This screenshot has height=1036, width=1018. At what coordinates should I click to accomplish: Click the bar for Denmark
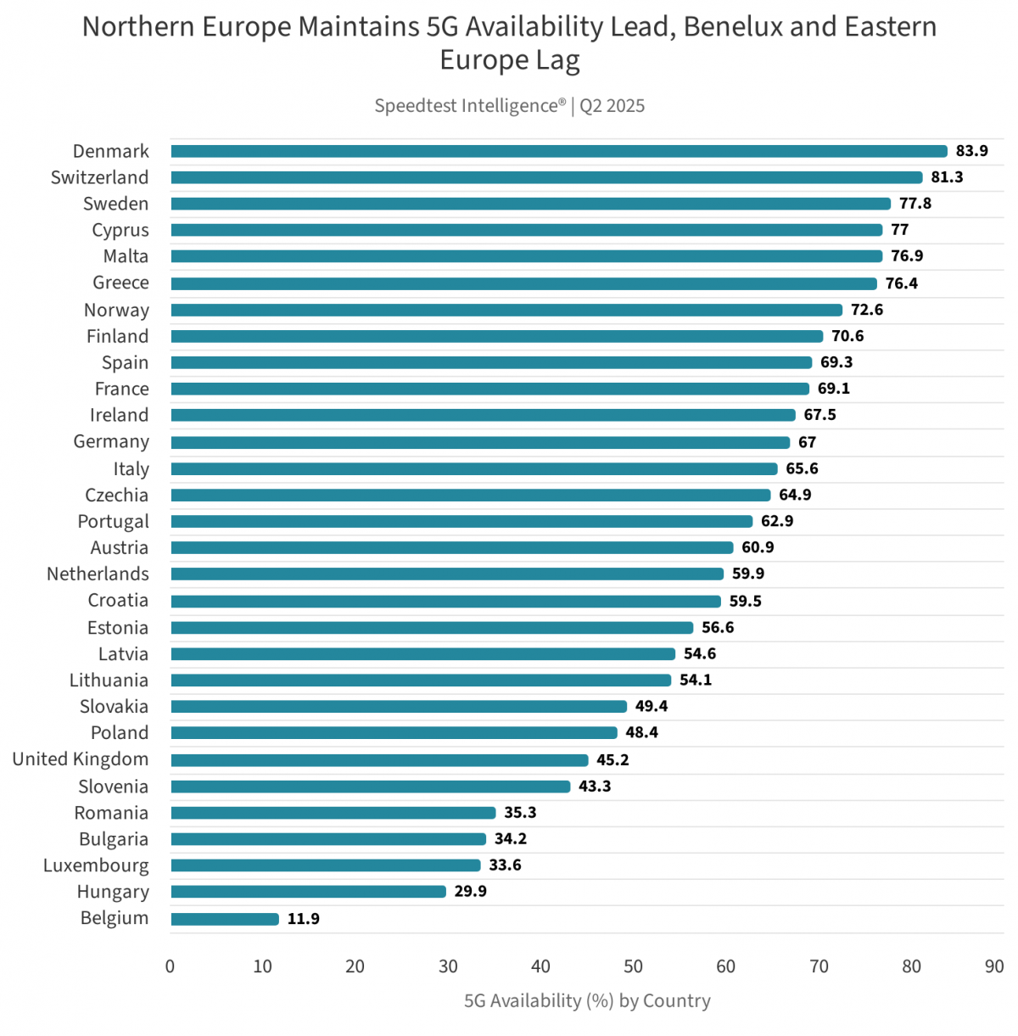pyautogui.click(x=558, y=151)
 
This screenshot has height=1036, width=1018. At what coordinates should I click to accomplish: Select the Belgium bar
pyautogui.click(x=225, y=919)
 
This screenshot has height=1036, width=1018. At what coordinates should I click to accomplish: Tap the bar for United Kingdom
pyautogui.click(x=379, y=760)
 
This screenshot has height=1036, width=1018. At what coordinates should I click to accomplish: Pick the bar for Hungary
pyautogui.click(x=308, y=892)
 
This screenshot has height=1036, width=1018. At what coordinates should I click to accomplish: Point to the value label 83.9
pyautogui.click(x=971, y=151)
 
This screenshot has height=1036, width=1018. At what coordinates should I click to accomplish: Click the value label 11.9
pyautogui.click(x=303, y=919)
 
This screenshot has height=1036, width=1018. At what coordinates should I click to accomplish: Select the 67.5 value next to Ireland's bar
pyautogui.click(x=819, y=415)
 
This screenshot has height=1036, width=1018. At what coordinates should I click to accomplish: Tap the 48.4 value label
pyautogui.click(x=641, y=732)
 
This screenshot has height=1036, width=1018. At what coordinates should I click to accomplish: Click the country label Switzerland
pyautogui.click(x=99, y=177)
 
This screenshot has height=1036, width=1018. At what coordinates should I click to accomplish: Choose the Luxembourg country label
pyautogui.click(x=96, y=865)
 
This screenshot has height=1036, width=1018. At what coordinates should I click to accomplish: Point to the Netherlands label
pyautogui.click(x=98, y=574)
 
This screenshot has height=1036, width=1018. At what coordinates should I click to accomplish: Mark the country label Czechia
pyautogui.click(x=116, y=496)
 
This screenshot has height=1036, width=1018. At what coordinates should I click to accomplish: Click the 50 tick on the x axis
pyautogui.click(x=633, y=966)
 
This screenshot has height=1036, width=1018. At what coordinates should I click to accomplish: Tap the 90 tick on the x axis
pyautogui.click(x=994, y=966)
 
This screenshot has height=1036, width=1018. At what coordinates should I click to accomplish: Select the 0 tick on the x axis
pyautogui.click(x=171, y=966)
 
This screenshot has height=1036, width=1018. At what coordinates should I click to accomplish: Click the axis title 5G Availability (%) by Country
pyautogui.click(x=587, y=1001)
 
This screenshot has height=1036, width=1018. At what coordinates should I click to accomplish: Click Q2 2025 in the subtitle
pyautogui.click(x=612, y=106)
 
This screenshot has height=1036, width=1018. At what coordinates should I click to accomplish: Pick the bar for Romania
pyautogui.click(x=333, y=813)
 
